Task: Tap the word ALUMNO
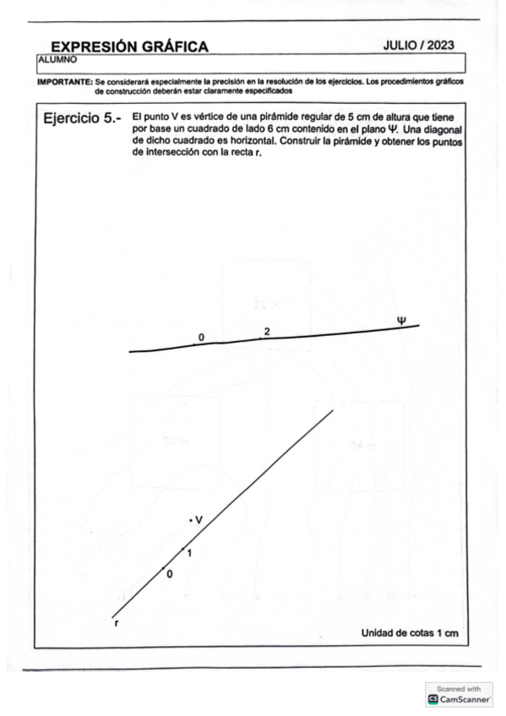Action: tap(56, 60)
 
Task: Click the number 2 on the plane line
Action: tap(267, 331)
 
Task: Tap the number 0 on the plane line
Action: tap(201, 338)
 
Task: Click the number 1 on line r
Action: tap(189, 554)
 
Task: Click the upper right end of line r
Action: tap(332, 410)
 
